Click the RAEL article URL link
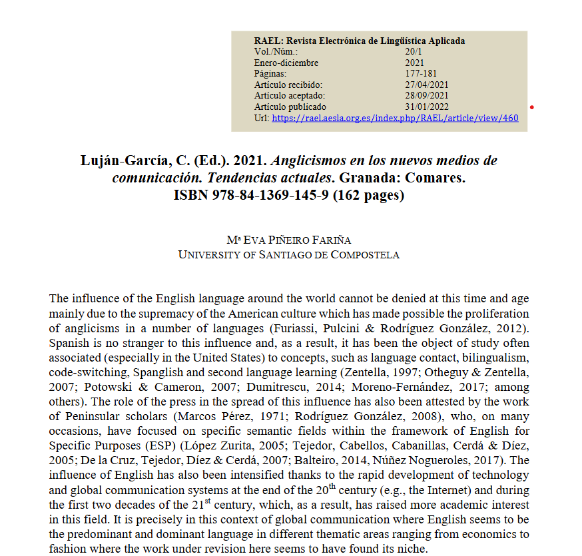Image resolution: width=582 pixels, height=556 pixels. [395, 119]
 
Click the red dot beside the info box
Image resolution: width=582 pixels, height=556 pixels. [531, 107]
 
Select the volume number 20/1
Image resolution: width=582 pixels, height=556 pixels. [414, 52]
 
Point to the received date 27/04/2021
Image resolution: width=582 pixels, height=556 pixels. [426, 85]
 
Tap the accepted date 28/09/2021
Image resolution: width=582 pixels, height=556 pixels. [426, 96]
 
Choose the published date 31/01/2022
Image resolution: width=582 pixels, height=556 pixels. [426, 107]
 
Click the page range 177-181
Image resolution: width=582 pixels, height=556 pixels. [421, 74]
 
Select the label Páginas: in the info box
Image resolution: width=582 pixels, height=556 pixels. [270, 74]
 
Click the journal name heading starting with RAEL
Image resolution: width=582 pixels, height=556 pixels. [359, 41]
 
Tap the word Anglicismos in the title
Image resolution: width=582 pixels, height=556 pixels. [313, 161]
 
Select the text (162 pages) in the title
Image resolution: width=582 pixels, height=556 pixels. [368, 196]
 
